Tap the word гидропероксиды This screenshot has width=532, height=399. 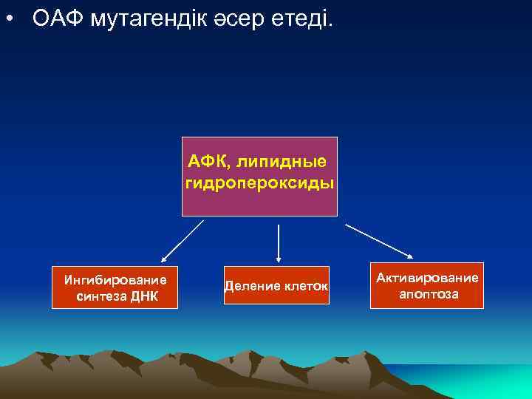tap(259, 182)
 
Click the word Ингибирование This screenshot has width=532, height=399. tap(115, 280)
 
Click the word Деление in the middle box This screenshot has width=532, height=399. tap(250, 285)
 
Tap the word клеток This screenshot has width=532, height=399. tap(305, 285)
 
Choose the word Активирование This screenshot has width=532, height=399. tap(427, 278)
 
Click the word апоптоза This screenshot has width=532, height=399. tap(429, 294)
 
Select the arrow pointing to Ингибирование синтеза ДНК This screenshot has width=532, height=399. tap(183, 242)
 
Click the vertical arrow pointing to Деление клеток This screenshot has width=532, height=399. tap(278, 243)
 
